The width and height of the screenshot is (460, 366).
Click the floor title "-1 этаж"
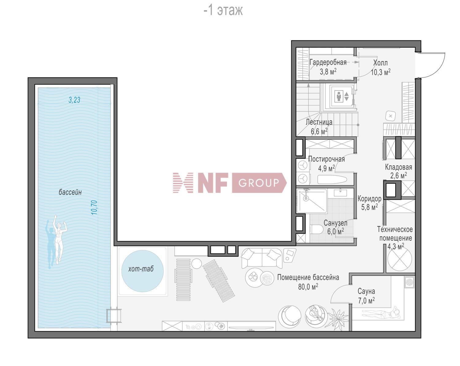click(223, 11)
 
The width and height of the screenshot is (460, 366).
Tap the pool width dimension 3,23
click(75, 100)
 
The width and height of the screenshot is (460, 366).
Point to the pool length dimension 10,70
click(94, 207)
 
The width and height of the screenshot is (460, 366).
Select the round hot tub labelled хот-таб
click(142, 271)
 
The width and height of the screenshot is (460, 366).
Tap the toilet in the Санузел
click(316, 229)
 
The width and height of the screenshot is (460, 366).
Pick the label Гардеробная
click(328, 63)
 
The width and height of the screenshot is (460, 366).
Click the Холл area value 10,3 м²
click(381, 72)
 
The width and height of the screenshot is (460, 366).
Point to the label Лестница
click(319, 122)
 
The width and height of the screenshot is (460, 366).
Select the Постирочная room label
click(326, 159)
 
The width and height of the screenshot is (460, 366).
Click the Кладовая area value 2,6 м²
click(398, 175)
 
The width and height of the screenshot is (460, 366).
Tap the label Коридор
click(369, 199)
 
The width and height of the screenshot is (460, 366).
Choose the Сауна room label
click(366, 291)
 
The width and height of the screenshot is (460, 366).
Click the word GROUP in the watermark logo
click(259, 183)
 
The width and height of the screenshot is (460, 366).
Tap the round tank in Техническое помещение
click(400, 259)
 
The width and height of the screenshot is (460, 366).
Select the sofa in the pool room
click(262, 258)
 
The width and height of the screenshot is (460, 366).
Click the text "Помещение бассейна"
click(308, 277)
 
